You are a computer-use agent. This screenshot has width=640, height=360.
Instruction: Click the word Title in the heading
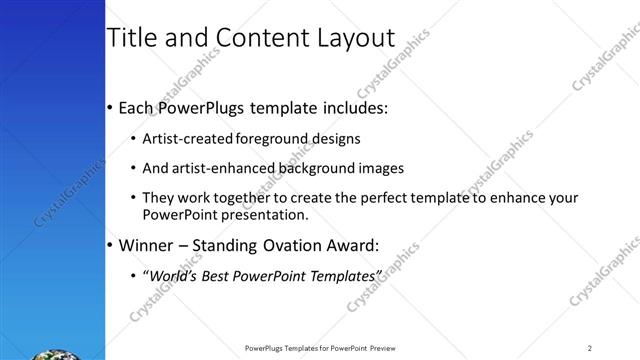[x=132, y=38]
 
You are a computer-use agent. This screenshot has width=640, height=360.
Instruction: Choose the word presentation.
[x=263, y=214]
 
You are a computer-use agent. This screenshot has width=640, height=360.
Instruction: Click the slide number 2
[x=590, y=347]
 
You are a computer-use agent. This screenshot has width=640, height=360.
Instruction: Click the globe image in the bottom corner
[x=50, y=353]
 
